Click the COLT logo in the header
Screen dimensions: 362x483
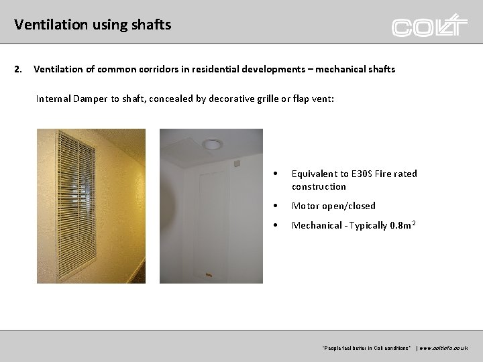[429, 25]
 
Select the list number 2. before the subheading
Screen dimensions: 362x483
[19, 69]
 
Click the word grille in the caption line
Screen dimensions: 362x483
[262, 99]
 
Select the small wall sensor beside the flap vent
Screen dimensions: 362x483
[237, 163]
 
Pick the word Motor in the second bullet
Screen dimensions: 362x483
[305, 206]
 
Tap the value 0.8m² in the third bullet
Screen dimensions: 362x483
[400, 225]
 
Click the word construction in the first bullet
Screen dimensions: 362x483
[319, 186]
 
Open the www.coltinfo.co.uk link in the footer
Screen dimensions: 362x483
[443, 348]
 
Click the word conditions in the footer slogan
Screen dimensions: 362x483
[396, 348]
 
